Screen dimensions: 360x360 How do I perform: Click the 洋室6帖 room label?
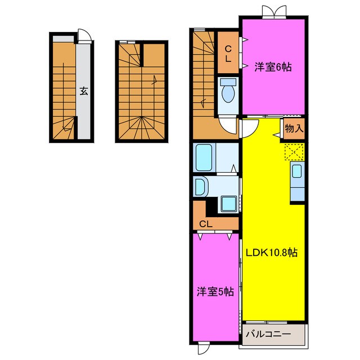[x=272, y=67]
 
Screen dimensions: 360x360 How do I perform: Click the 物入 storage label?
[x=294, y=129]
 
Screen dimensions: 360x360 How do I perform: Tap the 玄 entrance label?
[x=83, y=91]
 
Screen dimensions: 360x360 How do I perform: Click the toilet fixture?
[x=228, y=92]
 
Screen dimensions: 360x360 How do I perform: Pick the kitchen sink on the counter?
[x=297, y=171]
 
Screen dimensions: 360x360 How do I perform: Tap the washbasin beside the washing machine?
[x=199, y=186]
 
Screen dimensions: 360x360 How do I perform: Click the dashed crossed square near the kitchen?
[x=294, y=151]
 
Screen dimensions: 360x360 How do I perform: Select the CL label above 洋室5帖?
[x=206, y=224]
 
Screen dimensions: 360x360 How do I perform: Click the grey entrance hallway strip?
[x=83, y=112]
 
